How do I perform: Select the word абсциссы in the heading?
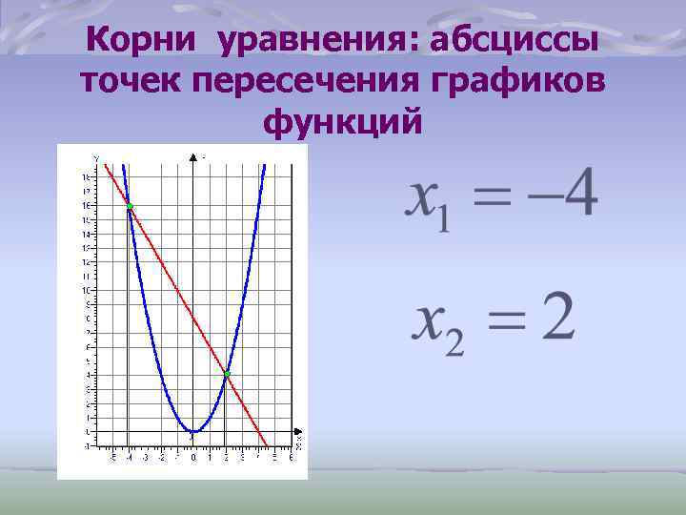point(514,40)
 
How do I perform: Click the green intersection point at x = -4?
point(130,206)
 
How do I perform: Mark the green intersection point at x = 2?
point(227,374)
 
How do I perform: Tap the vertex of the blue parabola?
point(193,431)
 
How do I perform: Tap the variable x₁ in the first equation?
point(429,202)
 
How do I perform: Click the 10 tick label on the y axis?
point(86,290)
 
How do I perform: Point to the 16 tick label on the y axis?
point(86,206)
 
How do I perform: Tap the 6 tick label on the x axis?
point(291,458)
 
